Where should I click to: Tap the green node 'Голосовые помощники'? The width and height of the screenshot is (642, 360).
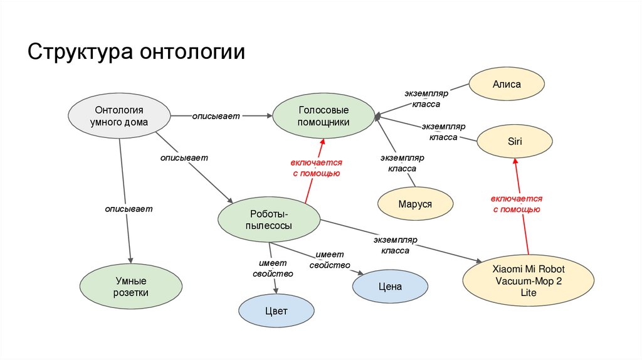324,116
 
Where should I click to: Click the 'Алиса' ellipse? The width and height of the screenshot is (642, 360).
507,84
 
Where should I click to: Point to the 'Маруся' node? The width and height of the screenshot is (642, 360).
415,204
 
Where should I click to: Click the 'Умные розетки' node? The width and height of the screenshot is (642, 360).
131,287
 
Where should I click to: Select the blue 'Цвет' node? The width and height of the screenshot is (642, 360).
276,310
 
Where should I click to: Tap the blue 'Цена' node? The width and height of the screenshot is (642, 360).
390,287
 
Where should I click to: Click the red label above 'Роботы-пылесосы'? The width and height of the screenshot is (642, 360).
317,167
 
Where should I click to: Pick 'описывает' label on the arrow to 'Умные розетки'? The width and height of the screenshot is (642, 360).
129,208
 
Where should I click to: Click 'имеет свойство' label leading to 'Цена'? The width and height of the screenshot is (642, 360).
329,260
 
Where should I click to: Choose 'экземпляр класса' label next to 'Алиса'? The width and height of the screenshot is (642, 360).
426,99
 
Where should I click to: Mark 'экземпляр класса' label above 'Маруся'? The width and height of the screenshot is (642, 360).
402,163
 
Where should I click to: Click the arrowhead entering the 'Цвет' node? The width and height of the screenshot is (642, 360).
276,289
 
